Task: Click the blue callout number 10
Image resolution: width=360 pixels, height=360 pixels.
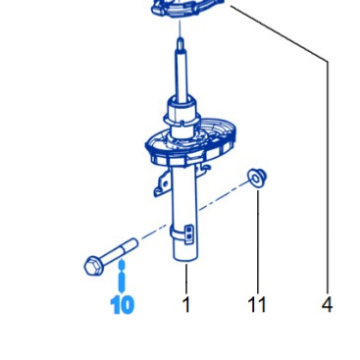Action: (122, 305)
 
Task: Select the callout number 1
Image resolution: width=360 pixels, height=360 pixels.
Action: (185, 305)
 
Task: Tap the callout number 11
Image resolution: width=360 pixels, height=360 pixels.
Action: (257, 305)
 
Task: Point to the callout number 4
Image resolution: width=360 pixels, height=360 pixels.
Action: (327, 305)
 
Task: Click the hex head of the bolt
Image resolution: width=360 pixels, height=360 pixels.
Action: (92, 264)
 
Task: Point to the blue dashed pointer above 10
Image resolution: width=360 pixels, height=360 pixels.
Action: (122, 278)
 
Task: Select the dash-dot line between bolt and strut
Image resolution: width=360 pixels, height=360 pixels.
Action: (152, 235)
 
